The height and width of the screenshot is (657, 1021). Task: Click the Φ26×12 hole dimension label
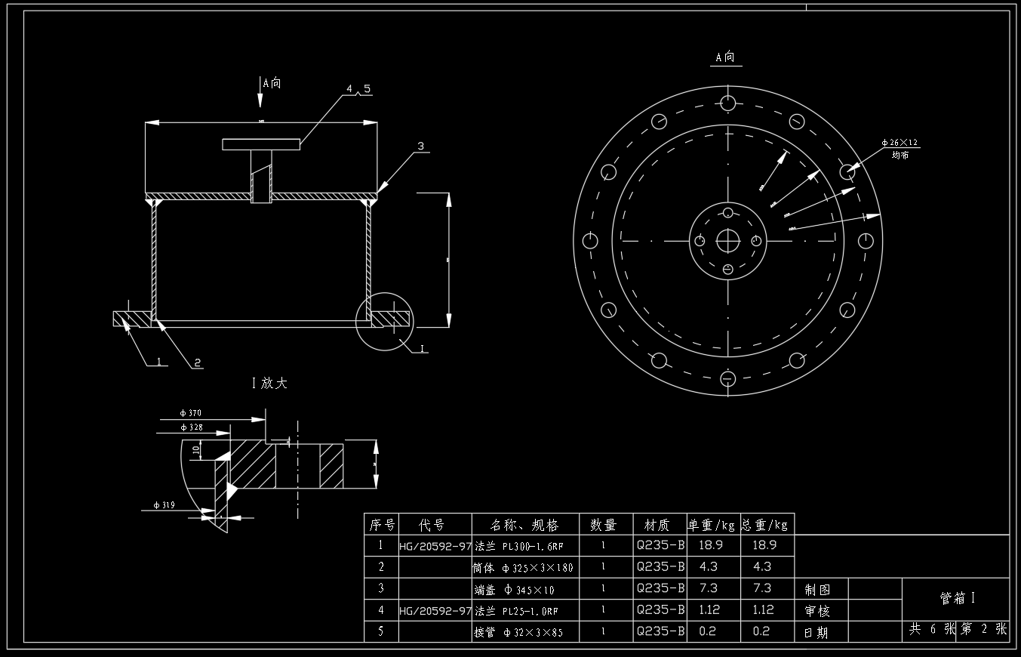(x=900, y=142)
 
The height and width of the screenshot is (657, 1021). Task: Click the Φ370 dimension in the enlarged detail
(x=190, y=413)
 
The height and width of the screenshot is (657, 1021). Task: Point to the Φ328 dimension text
(x=192, y=427)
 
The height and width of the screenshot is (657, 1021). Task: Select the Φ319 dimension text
(x=164, y=505)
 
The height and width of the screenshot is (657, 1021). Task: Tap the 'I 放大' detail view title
(x=269, y=383)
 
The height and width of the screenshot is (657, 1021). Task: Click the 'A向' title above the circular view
(x=725, y=57)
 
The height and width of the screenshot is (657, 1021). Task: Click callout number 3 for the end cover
(x=420, y=146)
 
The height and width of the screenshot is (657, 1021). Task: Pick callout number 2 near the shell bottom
(x=198, y=362)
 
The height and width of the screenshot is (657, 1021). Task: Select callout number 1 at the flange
(x=160, y=361)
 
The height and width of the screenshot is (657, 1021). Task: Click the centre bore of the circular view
(x=727, y=241)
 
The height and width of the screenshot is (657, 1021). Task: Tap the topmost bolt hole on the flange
(x=727, y=103)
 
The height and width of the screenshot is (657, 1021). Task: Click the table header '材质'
(x=659, y=524)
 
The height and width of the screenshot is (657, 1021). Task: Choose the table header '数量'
(x=603, y=524)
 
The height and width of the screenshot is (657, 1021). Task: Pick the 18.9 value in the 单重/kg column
(x=712, y=544)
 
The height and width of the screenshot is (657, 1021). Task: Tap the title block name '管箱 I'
(x=957, y=599)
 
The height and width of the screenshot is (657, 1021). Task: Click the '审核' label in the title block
(x=816, y=611)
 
